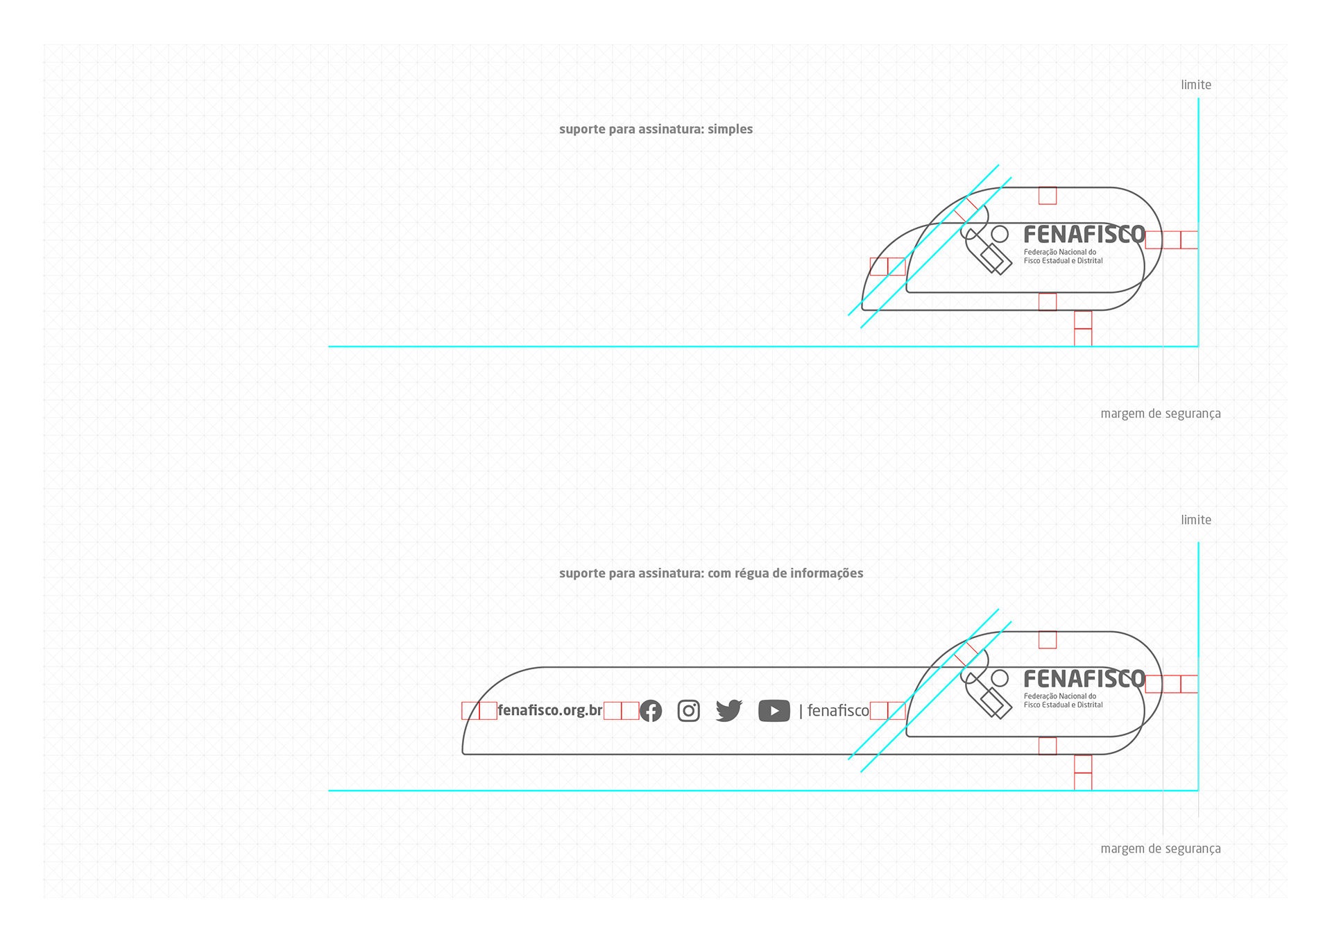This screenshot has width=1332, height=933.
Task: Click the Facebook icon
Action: coord(651,711)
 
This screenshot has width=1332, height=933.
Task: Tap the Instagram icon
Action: coord(688,711)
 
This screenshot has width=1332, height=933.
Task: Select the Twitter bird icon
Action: coord(728,711)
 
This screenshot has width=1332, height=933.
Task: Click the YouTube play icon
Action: coord(774,711)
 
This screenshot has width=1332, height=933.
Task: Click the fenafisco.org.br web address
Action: coord(550,711)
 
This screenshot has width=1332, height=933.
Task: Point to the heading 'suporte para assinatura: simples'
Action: coord(656,129)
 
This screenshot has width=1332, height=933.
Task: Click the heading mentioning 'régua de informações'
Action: coord(711,573)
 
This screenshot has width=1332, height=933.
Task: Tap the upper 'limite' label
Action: coord(1196,85)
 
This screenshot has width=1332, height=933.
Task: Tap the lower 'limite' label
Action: coord(1196,520)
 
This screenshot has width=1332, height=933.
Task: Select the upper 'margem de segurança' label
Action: coord(1161,414)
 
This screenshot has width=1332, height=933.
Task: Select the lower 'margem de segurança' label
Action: coord(1161,849)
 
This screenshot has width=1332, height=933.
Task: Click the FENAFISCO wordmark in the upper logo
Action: coord(1084,235)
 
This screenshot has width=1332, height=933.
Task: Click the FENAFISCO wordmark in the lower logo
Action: coord(1084,679)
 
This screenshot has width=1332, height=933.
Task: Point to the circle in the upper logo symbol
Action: coord(1000,234)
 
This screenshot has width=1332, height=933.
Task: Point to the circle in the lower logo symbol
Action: coord(1000,678)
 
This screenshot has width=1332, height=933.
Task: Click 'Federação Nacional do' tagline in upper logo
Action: coord(1060,252)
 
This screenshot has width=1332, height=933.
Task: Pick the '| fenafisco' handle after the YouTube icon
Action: coord(835,711)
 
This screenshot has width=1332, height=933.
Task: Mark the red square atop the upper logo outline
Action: coord(1048,196)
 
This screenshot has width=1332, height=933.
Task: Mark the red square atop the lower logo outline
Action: coord(1048,640)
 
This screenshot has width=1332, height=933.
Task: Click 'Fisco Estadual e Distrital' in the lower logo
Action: coord(1063,705)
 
